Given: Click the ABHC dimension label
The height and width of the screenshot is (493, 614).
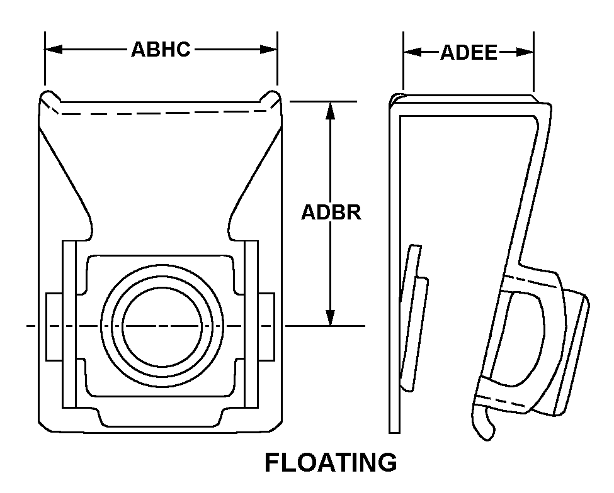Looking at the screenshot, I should click(161, 50).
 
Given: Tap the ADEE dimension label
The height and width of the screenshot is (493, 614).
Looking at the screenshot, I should click(469, 52).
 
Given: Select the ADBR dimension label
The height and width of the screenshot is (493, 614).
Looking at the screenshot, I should click(331, 212).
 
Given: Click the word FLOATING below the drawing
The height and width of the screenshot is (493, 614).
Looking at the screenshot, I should click(331, 462).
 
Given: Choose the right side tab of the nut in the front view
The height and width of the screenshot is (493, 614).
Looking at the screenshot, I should click(267, 326).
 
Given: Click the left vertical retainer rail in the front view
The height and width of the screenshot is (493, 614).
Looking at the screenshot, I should click(69, 324).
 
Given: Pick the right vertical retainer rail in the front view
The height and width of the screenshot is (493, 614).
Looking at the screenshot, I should click(251, 324).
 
